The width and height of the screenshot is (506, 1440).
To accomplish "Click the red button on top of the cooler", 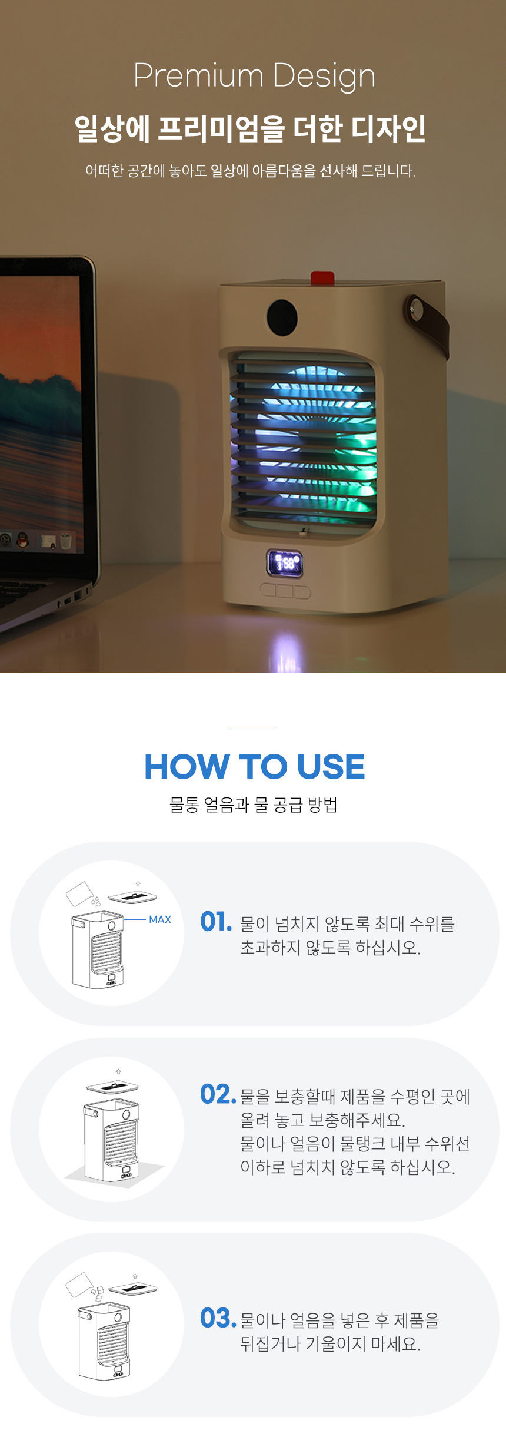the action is pos(322,277).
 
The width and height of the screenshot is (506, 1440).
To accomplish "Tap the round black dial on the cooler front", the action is pos(282,317).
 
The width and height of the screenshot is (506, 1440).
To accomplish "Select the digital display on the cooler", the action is pos(285,564).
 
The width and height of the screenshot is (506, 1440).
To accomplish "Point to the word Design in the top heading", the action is pos(324,77).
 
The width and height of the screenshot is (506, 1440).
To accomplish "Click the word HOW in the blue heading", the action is pos(187,766).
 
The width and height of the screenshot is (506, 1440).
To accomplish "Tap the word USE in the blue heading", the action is pos(331,766).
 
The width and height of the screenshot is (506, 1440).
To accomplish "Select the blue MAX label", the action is pos(160,919).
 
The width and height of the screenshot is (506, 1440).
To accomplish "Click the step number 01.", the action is pos(216,922).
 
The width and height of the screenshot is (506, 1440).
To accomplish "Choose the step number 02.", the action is pos(218,1094).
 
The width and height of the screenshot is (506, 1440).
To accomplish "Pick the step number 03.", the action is pos(218,1318).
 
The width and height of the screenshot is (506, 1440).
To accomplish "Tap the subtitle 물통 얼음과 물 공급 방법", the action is pos(253,804).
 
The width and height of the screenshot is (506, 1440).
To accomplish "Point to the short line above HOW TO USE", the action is pos(252,730).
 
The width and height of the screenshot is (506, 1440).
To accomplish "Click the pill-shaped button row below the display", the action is pos(285,591).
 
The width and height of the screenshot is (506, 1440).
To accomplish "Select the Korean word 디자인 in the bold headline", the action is pos(388,128).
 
